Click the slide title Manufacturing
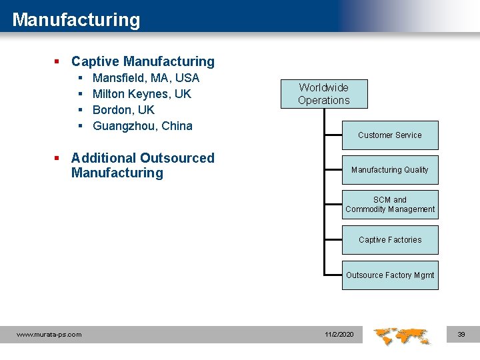tap(76, 19)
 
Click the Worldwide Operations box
tap(323, 94)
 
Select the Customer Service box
tap(390, 135)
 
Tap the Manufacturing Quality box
tap(390, 170)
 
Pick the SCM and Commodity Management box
tap(390, 205)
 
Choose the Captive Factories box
tap(390, 240)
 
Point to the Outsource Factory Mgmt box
tap(390, 275)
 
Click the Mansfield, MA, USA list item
tap(146, 78)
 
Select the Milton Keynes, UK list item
tap(142, 94)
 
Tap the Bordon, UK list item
tap(123, 110)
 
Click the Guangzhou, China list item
tap(143, 126)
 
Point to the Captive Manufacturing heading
tap(143, 61)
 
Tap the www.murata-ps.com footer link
tap(49, 335)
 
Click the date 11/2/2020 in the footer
tap(339, 334)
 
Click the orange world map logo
tap(401, 335)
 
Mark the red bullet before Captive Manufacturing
tap(58, 62)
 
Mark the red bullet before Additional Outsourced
tap(58, 159)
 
